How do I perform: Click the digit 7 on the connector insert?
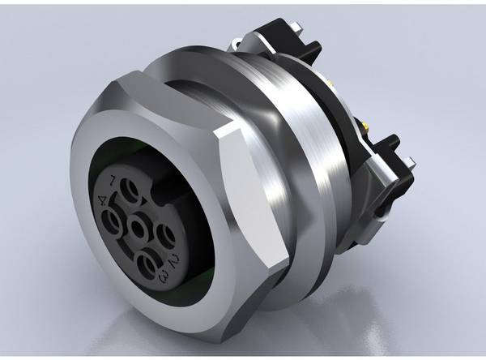point(113,180)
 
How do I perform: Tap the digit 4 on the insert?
point(102,200)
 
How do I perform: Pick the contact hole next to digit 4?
point(111,221)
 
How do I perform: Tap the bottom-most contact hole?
point(146,265)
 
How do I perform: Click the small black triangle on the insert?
point(144,202)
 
